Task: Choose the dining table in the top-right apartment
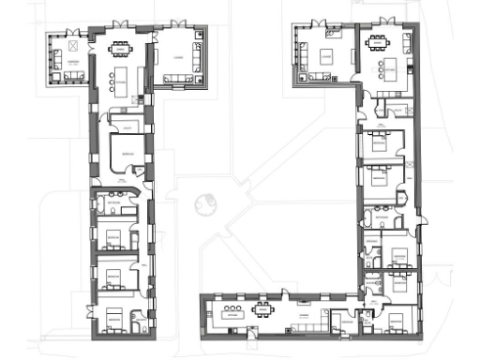tap(377, 41)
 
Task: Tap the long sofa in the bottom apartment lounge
tap(305, 326)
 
